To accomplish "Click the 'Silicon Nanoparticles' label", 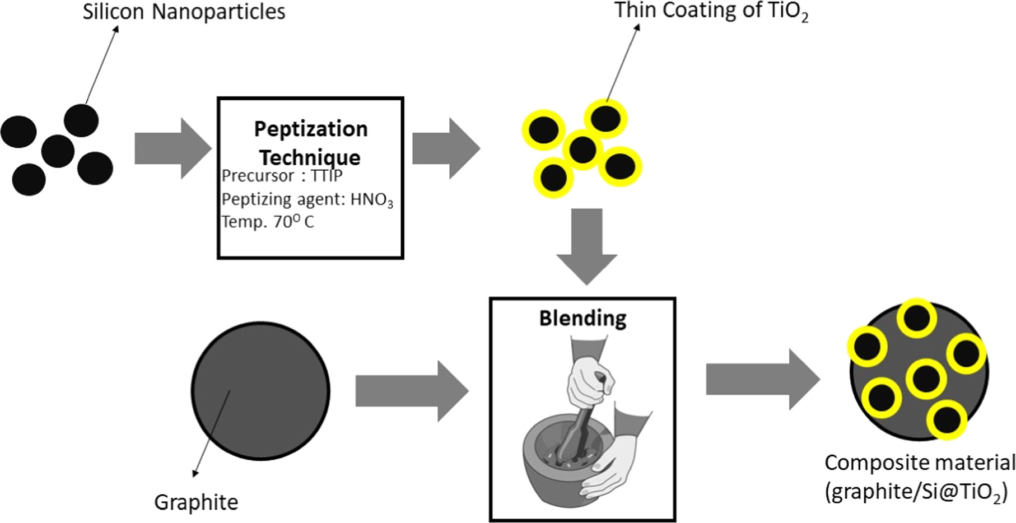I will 184,12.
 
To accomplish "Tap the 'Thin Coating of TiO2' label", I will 711,11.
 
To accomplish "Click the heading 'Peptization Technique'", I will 310,143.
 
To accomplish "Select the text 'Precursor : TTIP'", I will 282,176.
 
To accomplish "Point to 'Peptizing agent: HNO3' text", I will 307,199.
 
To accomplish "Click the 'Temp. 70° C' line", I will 268,222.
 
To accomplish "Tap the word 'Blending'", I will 582,318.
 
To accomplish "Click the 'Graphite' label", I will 196,502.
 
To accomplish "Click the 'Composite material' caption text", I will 919,463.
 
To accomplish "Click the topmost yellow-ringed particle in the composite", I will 916,318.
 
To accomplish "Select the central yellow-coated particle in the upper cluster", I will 582,149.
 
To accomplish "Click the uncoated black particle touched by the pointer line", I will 81,120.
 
